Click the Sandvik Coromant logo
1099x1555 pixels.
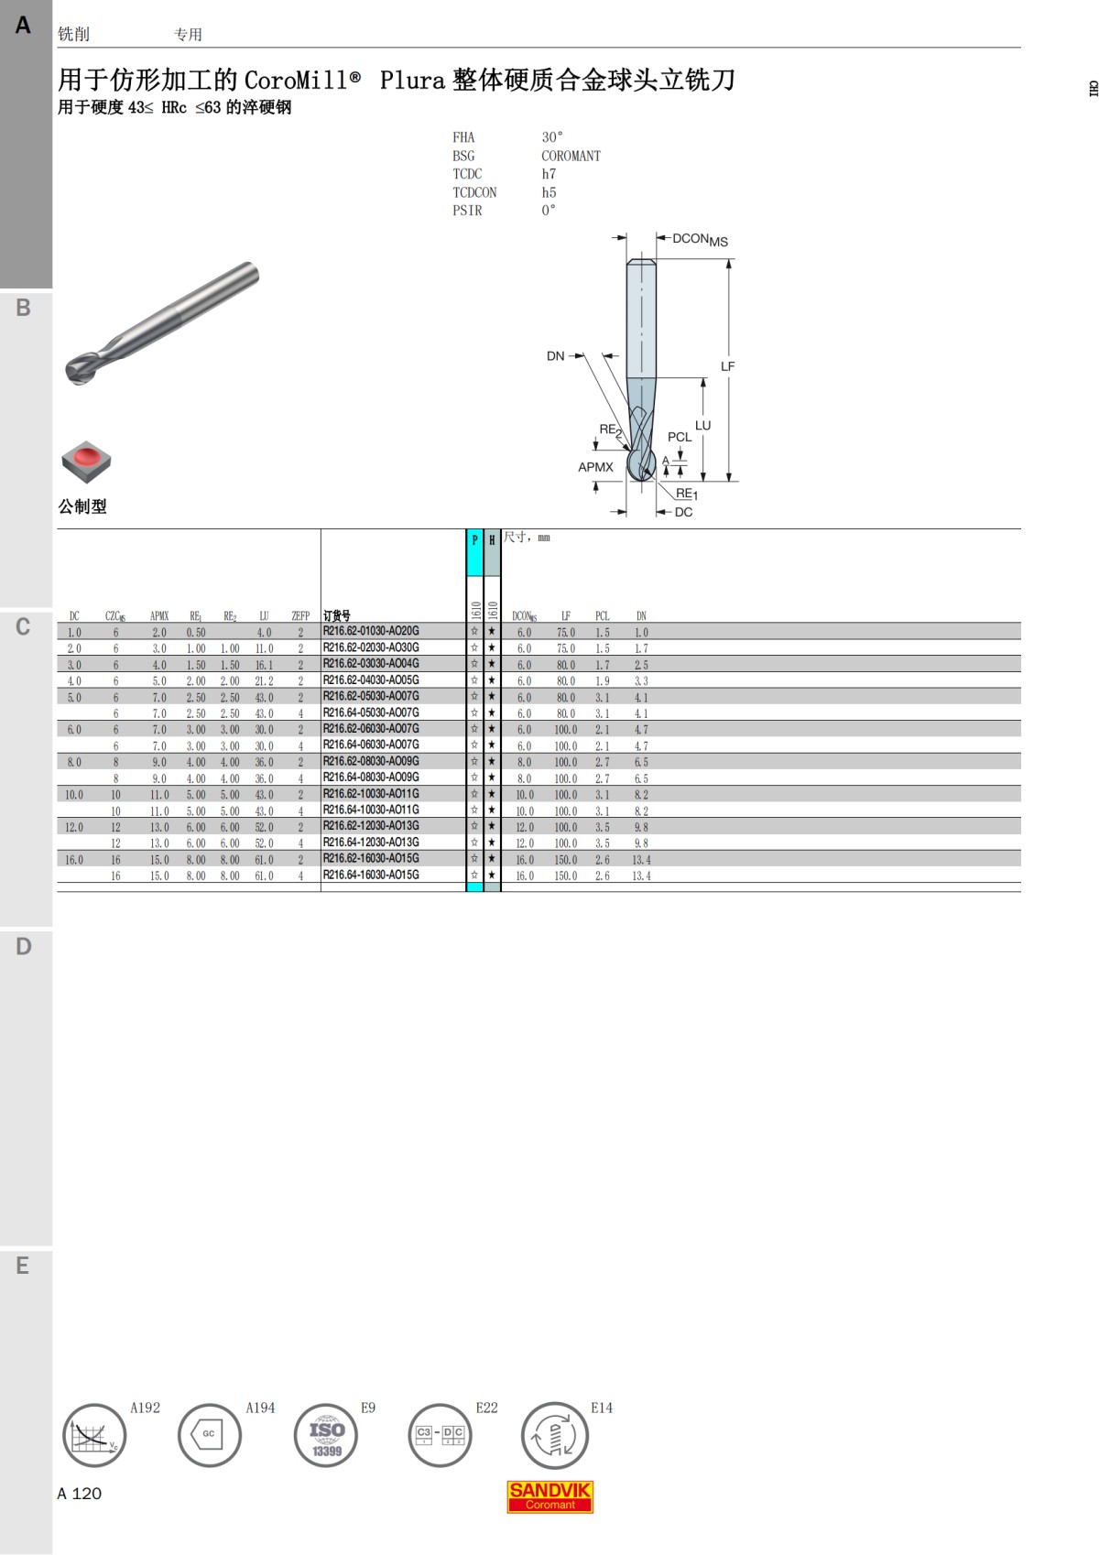click(x=549, y=1496)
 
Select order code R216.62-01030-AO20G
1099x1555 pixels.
click(x=371, y=631)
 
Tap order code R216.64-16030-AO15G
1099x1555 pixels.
click(x=371, y=875)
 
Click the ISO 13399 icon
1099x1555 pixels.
click(x=326, y=1435)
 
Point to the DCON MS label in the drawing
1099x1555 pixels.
click(x=700, y=240)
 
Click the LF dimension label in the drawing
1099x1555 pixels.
click(x=727, y=365)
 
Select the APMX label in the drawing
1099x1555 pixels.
click(x=595, y=467)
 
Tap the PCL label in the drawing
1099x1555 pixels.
click(x=679, y=437)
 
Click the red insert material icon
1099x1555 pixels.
click(x=86, y=461)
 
